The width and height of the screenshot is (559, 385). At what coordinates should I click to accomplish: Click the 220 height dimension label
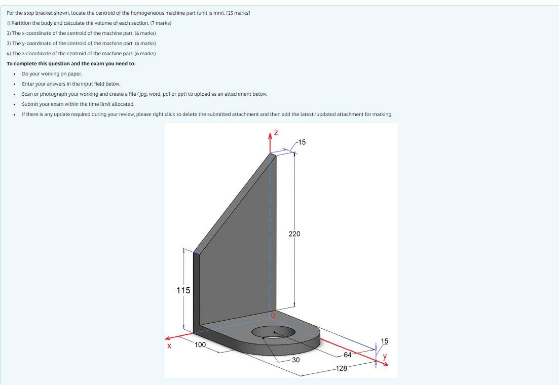[294, 234]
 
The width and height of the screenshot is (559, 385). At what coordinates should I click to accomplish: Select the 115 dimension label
[183, 290]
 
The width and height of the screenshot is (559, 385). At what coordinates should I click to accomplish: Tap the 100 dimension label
[200, 345]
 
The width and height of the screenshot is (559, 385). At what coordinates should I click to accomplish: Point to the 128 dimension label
[342, 368]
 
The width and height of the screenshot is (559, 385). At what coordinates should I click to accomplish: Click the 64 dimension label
[347, 355]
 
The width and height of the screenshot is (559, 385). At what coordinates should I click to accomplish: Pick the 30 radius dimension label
[295, 360]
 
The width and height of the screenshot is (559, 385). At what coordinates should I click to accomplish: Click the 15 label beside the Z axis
[302, 142]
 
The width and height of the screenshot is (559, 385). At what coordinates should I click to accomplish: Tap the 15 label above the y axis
[385, 341]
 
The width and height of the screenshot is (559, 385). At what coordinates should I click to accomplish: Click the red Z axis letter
[276, 133]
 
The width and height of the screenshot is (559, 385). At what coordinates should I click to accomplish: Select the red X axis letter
[169, 346]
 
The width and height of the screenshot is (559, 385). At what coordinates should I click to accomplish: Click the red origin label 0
[273, 315]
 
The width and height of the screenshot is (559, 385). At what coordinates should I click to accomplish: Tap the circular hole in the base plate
[273, 332]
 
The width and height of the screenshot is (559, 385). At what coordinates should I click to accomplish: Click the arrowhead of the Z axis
[270, 136]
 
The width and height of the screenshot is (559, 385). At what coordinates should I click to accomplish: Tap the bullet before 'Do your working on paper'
[15, 74]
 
